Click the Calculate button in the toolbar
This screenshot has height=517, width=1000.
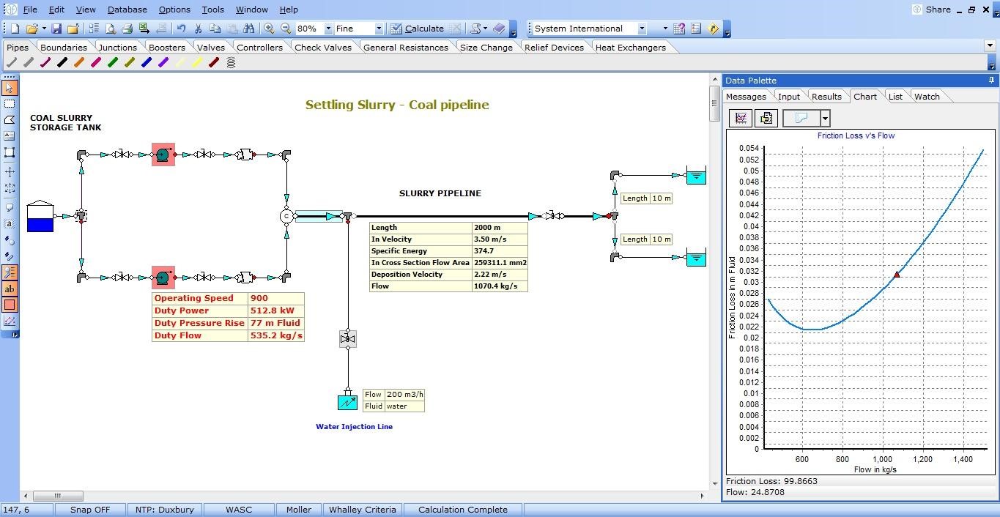click(417, 29)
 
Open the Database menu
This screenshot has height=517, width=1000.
click(127, 10)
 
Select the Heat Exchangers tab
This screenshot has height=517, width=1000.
click(630, 48)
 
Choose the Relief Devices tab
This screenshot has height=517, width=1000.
click(553, 48)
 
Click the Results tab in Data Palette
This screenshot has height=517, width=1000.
click(826, 97)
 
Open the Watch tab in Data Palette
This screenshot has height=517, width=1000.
click(926, 97)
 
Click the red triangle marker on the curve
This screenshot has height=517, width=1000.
click(897, 275)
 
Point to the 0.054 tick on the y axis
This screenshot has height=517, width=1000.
click(749, 149)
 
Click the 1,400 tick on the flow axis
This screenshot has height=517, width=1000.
click(963, 459)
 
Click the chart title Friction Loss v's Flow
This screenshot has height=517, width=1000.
click(856, 135)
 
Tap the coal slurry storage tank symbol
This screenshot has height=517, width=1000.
click(40, 217)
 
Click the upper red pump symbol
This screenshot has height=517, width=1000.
click(163, 155)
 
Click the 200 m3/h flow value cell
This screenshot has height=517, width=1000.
click(404, 395)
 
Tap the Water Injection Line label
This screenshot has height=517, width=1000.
click(354, 427)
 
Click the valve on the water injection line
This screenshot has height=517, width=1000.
click(348, 339)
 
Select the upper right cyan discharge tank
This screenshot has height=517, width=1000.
click(696, 176)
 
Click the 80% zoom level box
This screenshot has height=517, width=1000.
click(308, 29)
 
